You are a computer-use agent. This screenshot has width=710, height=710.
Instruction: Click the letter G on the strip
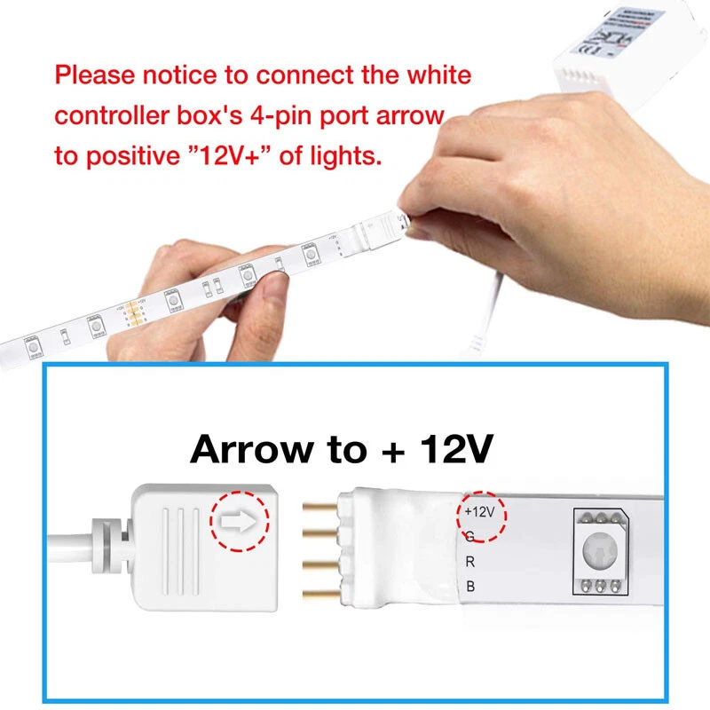(469, 536)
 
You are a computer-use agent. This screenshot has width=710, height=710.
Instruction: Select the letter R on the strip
(469, 561)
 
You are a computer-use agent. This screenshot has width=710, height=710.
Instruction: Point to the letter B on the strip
(469, 586)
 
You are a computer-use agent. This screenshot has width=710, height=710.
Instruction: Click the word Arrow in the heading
(252, 450)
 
